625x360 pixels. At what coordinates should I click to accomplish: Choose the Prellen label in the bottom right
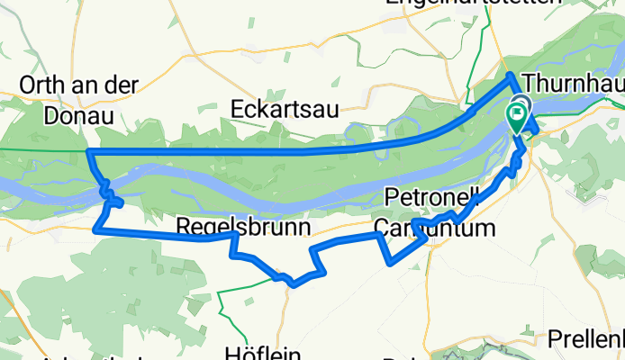coord(587,341)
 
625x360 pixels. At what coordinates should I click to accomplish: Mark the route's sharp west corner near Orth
coord(87,151)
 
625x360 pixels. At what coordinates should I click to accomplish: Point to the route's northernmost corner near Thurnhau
coord(510,75)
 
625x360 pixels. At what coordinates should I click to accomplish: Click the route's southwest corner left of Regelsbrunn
coord(95,229)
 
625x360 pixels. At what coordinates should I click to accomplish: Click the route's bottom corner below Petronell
coord(390,264)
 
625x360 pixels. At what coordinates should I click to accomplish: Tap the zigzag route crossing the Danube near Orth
coord(108,192)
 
